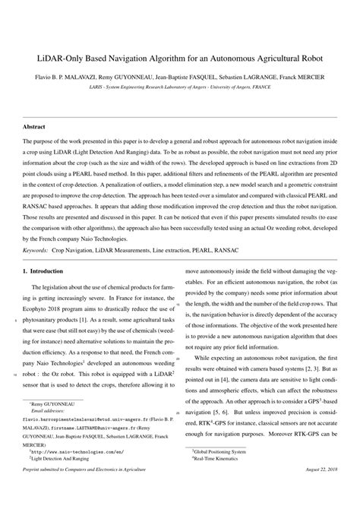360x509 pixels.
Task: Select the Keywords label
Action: tap(36, 249)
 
